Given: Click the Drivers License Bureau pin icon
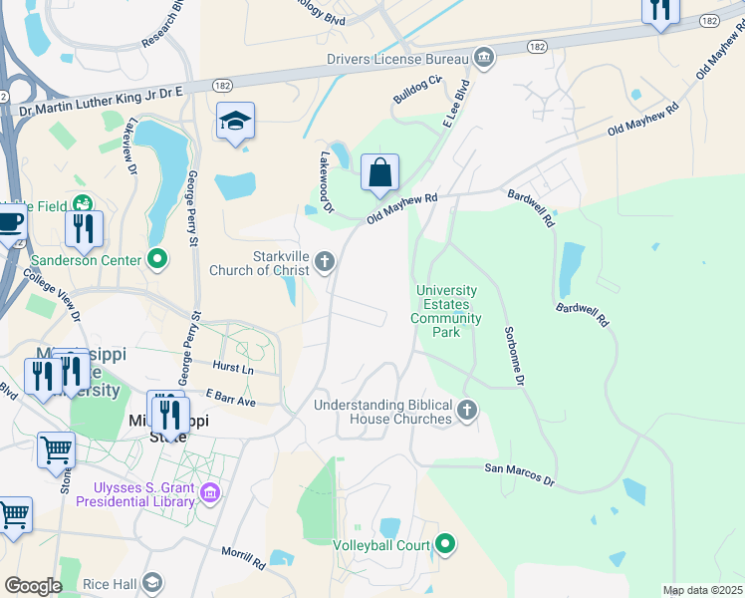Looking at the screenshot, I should [484, 59].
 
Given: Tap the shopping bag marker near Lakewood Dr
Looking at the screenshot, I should [379, 173].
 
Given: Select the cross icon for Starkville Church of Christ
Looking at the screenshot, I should [324, 263].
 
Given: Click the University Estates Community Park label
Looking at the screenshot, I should [446, 311].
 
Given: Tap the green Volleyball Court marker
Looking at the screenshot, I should [445, 544].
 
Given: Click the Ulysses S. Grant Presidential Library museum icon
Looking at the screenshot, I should [209, 492].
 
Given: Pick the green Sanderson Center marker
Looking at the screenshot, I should [156, 260].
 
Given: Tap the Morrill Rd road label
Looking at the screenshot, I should [244, 557].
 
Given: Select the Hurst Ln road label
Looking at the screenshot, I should [233, 368].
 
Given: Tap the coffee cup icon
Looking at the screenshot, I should [10, 222].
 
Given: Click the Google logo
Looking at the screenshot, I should [32, 585].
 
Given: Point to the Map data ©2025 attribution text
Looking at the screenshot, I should [701, 591].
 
